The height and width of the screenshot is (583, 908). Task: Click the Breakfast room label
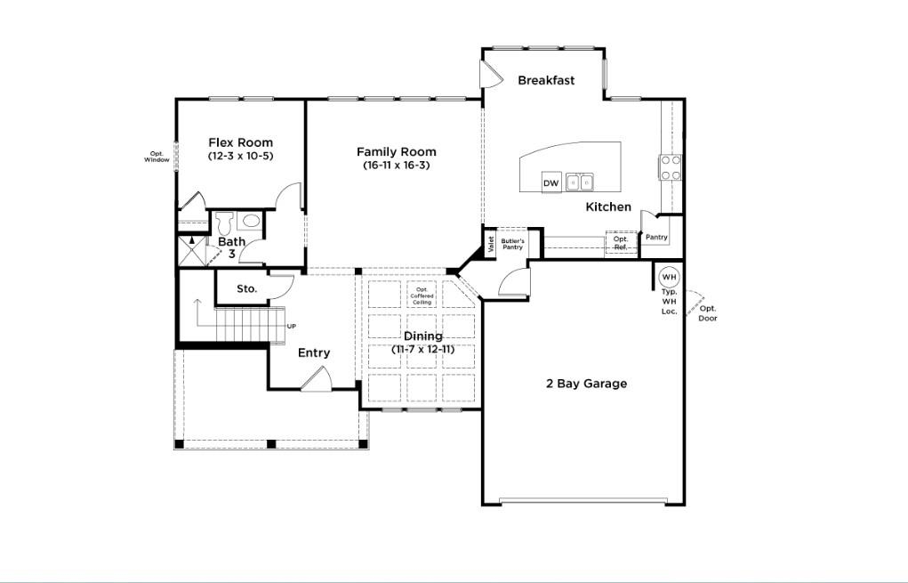point(546,80)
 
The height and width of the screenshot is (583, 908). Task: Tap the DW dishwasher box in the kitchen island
point(551,183)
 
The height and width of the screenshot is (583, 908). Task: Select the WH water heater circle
point(669,277)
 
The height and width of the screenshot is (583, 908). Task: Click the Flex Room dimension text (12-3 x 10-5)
point(240,157)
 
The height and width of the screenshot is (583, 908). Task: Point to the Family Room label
point(397,152)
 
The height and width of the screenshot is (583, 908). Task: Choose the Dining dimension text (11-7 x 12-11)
point(423,350)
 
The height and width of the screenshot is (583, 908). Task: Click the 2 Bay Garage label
point(586,384)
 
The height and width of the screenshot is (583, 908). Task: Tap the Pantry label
point(656,238)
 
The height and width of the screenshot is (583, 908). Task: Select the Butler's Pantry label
point(512,244)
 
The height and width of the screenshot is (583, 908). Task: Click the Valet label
point(490,244)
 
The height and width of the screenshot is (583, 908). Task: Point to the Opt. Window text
point(157,157)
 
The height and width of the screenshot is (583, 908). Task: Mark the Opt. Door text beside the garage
point(707,313)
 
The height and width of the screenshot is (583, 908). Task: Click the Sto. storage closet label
point(247,288)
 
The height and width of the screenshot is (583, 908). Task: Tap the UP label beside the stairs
point(292,326)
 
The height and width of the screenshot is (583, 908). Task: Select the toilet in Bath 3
point(223,221)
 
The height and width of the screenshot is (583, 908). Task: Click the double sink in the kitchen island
point(580,182)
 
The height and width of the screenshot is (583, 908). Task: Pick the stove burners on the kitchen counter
point(670,167)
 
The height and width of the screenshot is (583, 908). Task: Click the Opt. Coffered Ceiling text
point(422,296)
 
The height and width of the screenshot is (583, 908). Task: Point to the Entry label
point(314,353)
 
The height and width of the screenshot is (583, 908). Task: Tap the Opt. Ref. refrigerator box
point(621,242)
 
